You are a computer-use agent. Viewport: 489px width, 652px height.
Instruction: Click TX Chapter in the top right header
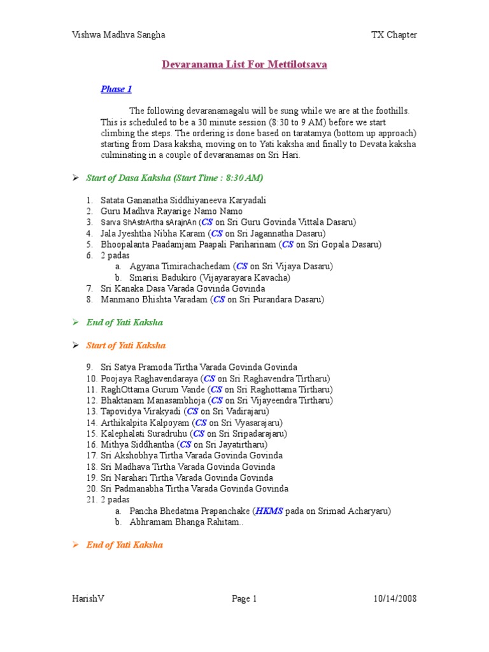[394, 35]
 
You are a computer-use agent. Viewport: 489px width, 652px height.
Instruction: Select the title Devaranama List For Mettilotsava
[244, 64]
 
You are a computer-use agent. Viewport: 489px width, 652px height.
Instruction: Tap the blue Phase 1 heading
[116, 89]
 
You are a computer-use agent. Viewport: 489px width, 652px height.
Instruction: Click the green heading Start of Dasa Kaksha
[174, 178]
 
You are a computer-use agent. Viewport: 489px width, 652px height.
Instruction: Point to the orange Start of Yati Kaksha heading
[125, 345]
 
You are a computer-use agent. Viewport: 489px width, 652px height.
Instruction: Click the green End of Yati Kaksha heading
[124, 322]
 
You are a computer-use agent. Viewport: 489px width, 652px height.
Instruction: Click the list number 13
[92, 411]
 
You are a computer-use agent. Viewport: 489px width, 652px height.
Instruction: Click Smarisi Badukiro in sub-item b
[162, 278]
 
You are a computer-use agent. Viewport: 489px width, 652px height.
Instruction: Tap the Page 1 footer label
[244, 599]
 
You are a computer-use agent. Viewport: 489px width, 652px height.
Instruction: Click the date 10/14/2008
[395, 599]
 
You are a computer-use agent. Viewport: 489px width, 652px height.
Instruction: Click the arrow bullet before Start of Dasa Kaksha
[74, 178]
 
